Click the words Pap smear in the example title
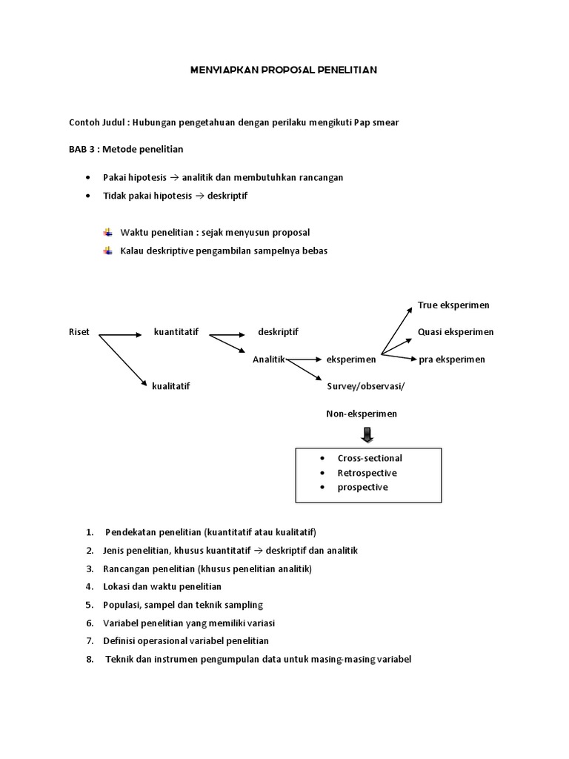pos(377,122)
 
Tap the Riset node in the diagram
pos(79,332)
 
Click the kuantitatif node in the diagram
pos(176,332)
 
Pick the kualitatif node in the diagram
pos(171,386)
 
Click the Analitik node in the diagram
pos(268,359)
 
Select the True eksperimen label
pos(453,305)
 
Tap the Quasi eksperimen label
pos(456,332)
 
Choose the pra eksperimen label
pos(452,359)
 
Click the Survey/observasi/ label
pos(366,386)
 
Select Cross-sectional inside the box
pos(370,458)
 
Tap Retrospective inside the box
pos(367,473)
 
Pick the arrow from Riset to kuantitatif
pos(120,335)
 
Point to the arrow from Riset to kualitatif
pos(120,359)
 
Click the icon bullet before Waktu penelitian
pos(108,233)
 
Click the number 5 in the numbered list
pos(89,605)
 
